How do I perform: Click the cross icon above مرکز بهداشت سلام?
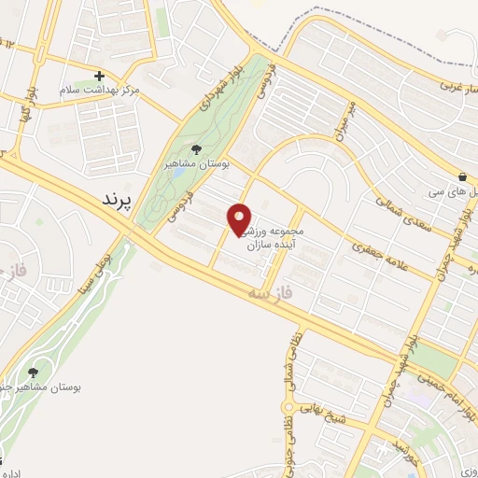click(99, 76)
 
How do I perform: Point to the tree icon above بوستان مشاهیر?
click(196, 148)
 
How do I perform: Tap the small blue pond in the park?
click(177, 174)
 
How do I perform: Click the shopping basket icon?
click(461, 176)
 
